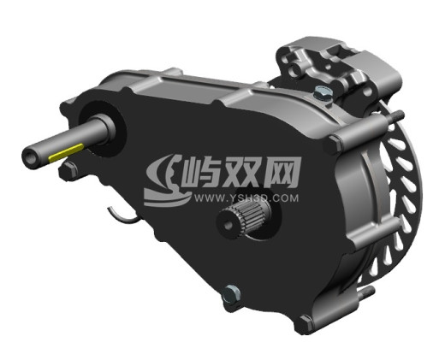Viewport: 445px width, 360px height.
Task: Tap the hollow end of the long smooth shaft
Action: tap(30, 157)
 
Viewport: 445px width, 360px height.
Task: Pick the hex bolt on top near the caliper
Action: tap(322, 92)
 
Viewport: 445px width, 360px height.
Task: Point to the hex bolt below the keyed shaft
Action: tap(68, 170)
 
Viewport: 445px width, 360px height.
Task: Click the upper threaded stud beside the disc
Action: tap(395, 116)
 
